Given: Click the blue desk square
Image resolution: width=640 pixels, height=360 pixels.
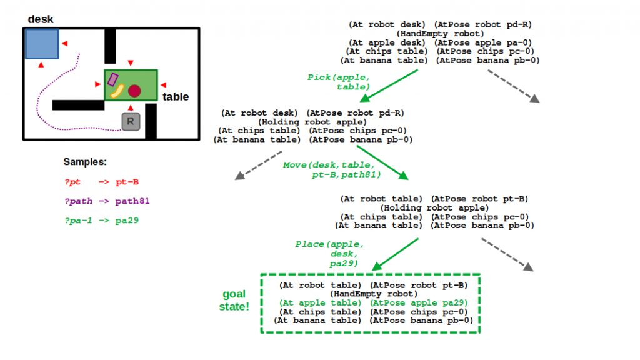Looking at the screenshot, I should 42,43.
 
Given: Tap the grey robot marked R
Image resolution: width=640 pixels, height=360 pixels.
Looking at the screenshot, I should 130,121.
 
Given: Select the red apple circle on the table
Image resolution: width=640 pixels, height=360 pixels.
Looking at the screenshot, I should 134,91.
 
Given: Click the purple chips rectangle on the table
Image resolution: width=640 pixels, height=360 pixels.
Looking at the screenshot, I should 113,79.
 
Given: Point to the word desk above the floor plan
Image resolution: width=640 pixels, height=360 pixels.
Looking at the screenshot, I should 41,19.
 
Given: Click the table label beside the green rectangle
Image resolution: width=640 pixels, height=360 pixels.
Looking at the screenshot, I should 176,97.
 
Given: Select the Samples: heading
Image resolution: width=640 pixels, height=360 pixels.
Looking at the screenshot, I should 84,162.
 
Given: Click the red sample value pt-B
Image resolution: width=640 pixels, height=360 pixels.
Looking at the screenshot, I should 127,182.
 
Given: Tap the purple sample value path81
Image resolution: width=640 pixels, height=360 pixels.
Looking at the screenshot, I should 132,201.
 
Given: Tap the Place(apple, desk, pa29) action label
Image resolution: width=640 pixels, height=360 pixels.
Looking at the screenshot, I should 329,254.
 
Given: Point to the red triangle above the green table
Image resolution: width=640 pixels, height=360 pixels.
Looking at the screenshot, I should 130,62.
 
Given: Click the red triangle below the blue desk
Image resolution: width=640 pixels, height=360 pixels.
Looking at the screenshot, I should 41,64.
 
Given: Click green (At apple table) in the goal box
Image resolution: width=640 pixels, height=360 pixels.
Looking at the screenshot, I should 320,302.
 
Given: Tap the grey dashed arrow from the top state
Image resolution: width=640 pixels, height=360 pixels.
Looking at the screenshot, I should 513,84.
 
